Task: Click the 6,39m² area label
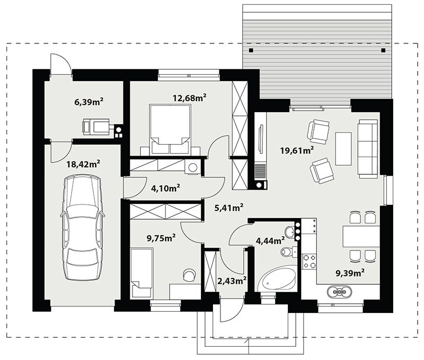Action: pos(89,102)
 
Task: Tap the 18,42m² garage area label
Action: pos(84,164)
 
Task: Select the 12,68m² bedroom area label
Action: pos(190,98)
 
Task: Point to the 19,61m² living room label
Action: pos(297,150)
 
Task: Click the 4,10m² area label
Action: pos(166,188)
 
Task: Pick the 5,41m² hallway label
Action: pos(229,208)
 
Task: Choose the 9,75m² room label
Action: pos(161,238)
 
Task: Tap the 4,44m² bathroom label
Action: pos(270,240)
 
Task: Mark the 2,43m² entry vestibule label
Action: pos(232,281)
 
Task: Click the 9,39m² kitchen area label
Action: pos(350,273)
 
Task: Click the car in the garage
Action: pos(82,228)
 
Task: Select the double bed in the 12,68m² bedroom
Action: pos(170,130)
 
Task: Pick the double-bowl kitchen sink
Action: pos(339,292)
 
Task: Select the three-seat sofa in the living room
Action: pos(368,149)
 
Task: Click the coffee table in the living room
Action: pos(343,149)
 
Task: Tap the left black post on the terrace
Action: pos(251,50)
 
